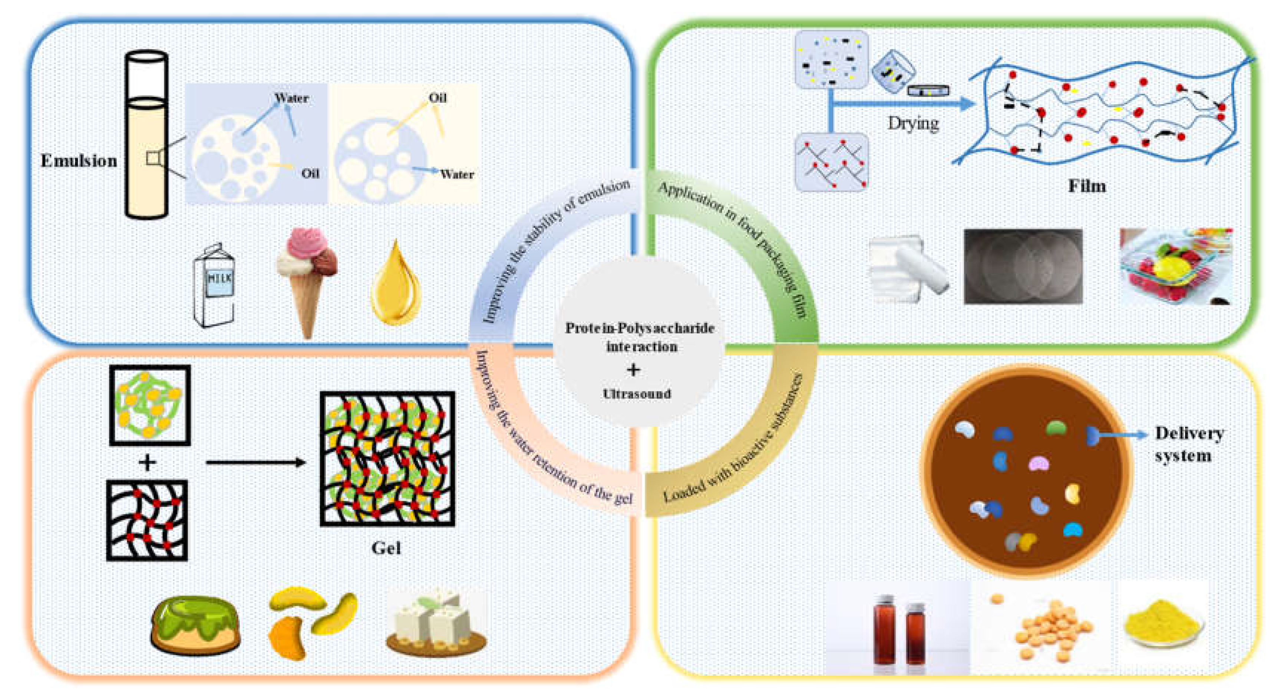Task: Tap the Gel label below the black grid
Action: (x=386, y=548)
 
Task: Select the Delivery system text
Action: (x=1189, y=444)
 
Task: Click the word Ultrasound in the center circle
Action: (x=637, y=394)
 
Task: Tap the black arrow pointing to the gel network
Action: (x=256, y=463)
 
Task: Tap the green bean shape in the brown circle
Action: (x=1056, y=427)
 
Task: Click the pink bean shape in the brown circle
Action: (x=1038, y=464)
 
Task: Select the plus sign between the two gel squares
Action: (x=147, y=463)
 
